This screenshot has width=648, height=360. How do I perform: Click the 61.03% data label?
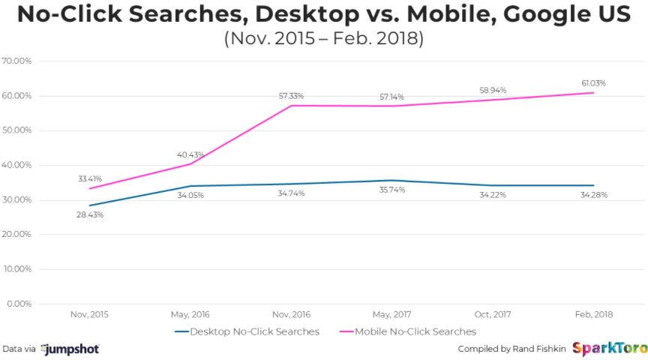[593, 83]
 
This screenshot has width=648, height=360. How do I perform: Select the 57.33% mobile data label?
[291, 96]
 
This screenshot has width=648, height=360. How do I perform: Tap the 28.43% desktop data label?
[89, 214]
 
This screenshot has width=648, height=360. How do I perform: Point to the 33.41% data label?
[89, 179]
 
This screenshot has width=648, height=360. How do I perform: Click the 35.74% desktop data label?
[391, 190]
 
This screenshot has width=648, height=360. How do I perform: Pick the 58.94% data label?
[493, 90]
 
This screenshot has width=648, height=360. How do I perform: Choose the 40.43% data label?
[190, 154]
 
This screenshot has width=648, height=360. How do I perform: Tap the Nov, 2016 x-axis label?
[291, 315]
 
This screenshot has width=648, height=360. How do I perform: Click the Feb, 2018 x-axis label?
[593, 315]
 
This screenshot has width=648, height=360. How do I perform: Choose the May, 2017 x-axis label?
[391, 315]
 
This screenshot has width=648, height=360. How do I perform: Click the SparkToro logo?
[605, 349]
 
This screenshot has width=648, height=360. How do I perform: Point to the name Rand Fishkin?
[536, 349]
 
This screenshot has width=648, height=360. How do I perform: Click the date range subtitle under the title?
[323, 39]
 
